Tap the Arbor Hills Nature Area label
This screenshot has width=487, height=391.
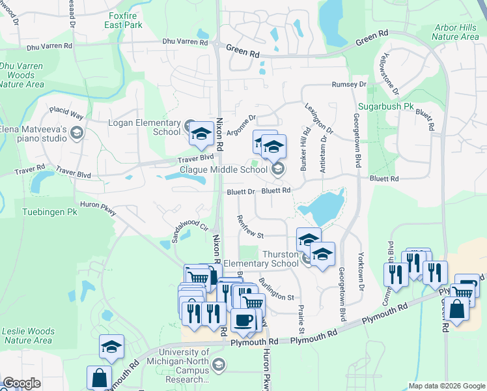(456, 33)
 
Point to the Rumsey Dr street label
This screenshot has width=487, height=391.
(349, 85)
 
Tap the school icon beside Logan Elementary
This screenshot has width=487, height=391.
(201, 135)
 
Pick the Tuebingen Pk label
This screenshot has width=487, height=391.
(49, 212)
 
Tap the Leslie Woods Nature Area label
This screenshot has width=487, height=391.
(27, 335)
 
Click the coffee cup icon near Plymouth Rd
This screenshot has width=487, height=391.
(244, 320)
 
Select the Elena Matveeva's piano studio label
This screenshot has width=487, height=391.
(34, 134)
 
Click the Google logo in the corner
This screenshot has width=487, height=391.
(21, 383)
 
